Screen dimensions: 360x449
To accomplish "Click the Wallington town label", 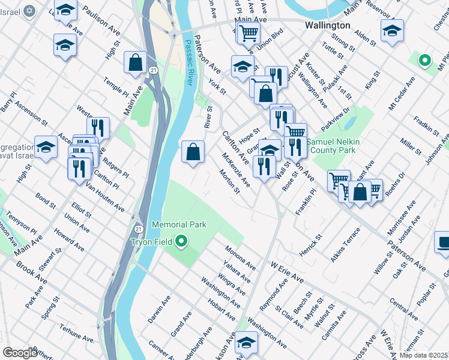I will [x=327, y=26].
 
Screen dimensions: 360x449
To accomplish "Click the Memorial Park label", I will [x=179, y=224].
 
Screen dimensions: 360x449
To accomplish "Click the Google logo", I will [x=20, y=353].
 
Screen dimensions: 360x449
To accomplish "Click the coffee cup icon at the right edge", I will [x=443, y=243].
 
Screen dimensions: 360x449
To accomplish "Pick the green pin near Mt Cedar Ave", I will [x=424, y=60].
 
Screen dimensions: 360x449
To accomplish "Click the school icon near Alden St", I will [x=392, y=31].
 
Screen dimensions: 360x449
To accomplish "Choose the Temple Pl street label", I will [x=115, y=86].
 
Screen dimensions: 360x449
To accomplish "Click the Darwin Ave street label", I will [x=158, y=308].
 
